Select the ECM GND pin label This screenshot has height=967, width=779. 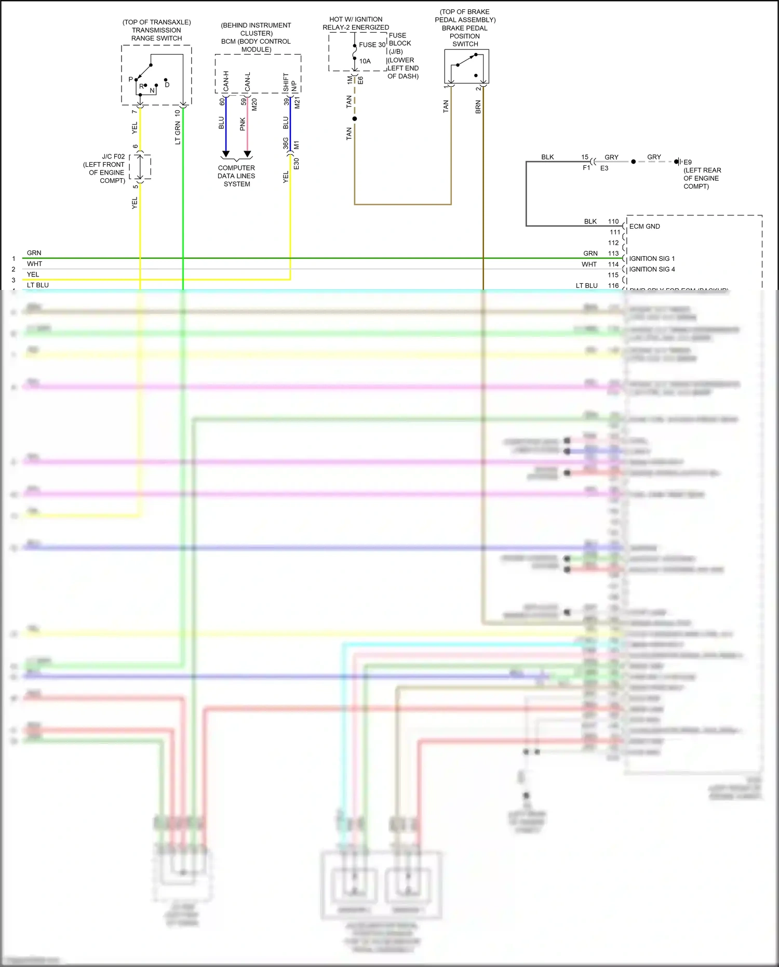(x=644, y=227)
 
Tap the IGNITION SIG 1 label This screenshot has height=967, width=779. (x=652, y=259)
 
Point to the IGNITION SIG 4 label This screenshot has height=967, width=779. (x=652, y=269)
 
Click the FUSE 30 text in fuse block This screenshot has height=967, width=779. (x=372, y=45)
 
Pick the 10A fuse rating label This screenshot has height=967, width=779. (x=365, y=61)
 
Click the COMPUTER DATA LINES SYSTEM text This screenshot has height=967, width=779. (x=236, y=176)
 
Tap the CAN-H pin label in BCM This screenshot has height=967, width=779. (x=226, y=82)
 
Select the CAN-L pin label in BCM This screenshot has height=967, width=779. (x=248, y=82)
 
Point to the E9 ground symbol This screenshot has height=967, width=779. (x=677, y=162)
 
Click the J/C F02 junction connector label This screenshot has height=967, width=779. (x=113, y=156)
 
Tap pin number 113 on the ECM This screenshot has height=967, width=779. (x=613, y=254)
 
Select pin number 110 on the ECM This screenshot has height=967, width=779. (x=613, y=221)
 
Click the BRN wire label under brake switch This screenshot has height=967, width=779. (x=478, y=107)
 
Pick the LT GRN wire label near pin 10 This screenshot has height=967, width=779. (x=178, y=133)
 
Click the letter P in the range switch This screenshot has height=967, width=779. (x=131, y=80)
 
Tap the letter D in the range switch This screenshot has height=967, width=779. (x=167, y=85)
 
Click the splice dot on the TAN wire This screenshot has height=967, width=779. (x=355, y=119)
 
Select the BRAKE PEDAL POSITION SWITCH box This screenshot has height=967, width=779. (x=466, y=67)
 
